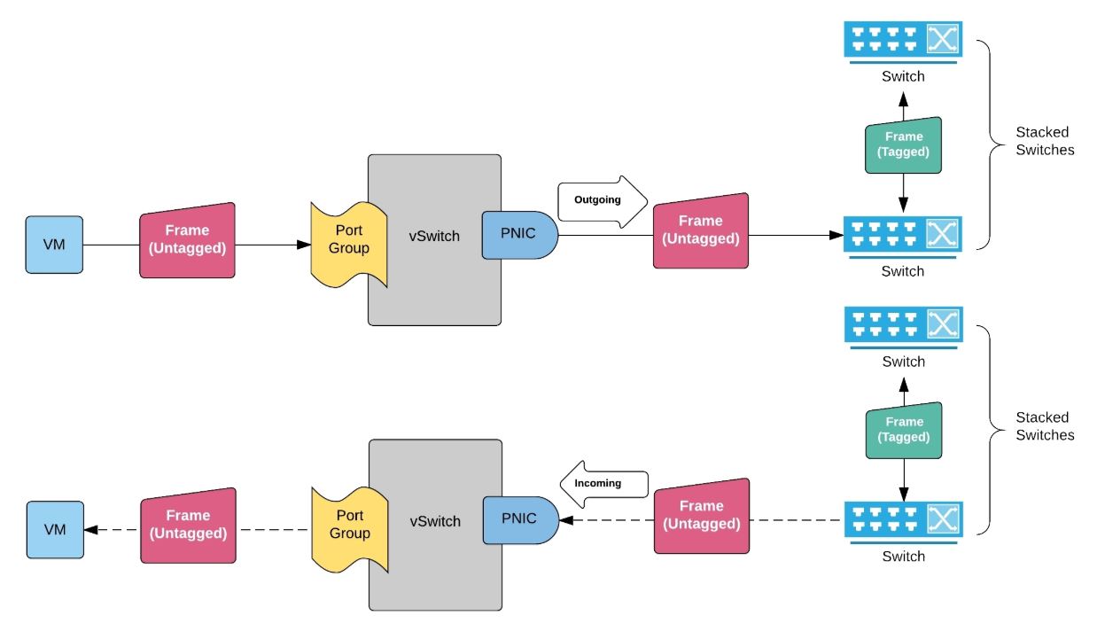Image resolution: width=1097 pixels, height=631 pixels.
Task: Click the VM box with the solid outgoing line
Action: click(x=54, y=244)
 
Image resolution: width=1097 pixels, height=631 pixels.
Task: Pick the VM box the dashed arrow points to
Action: click(x=54, y=529)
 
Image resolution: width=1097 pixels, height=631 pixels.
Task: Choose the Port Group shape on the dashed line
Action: click(x=349, y=525)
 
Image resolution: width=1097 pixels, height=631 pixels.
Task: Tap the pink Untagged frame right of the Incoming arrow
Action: click(x=701, y=515)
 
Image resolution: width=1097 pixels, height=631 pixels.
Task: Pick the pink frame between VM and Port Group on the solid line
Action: click(x=187, y=240)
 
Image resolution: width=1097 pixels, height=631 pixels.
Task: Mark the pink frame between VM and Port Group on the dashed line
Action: click(x=188, y=525)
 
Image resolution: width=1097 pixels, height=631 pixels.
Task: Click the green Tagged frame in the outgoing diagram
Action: click(x=903, y=144)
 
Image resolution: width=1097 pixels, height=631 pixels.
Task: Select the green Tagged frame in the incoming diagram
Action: click(x=903, y=430)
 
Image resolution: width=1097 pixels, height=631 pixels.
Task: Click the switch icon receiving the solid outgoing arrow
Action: click(x=903, y=235)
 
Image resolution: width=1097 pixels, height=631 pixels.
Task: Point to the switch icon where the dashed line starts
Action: click(x=903, y=520)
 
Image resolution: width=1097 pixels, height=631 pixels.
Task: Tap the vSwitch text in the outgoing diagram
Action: click(x=435, y=236)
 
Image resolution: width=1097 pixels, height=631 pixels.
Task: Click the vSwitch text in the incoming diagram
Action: click(x=435, y=521)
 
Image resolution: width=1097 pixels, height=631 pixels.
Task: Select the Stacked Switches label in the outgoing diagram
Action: click(x=1045, y=142)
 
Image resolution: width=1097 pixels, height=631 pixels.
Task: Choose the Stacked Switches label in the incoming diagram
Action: click(x=1045, y=426)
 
